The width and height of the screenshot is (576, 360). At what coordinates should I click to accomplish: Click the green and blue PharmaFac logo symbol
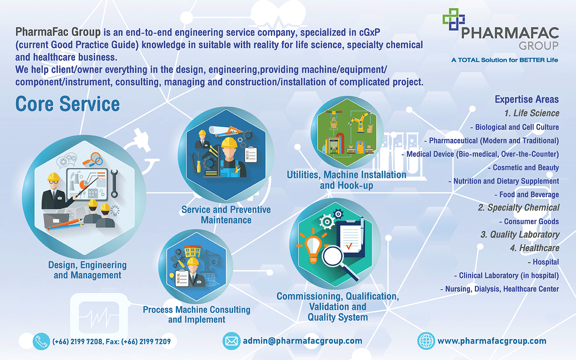click(x=454, y=19)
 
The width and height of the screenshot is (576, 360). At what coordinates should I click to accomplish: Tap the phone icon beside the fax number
click(x=41, y=341)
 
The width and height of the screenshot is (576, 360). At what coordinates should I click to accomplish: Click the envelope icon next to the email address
click(x=231, y=341)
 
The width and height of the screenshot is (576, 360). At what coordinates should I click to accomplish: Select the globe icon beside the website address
click(x=426, y=341)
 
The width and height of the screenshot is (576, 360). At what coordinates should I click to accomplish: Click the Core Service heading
click(x=68, y=104)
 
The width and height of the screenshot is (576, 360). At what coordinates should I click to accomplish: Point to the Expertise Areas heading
click(x=527, y=99)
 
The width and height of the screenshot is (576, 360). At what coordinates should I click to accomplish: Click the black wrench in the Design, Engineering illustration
click(x=114, y=183)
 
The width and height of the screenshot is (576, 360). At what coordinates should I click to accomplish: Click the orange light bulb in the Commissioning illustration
click(x=313, y=246)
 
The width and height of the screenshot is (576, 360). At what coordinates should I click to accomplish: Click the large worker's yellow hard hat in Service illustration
click(x=229, y=143)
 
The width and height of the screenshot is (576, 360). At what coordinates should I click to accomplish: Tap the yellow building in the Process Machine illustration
click(x=193, y=251)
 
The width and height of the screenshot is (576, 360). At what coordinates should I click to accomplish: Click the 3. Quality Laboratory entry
click(x=520, y=234)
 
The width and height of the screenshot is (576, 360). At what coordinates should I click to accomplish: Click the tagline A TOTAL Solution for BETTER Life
click(x=504, y=60)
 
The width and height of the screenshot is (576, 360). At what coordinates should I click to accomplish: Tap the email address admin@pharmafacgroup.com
click(x=302, y=341)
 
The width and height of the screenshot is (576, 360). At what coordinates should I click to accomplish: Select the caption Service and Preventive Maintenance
click(x=226, y=215)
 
